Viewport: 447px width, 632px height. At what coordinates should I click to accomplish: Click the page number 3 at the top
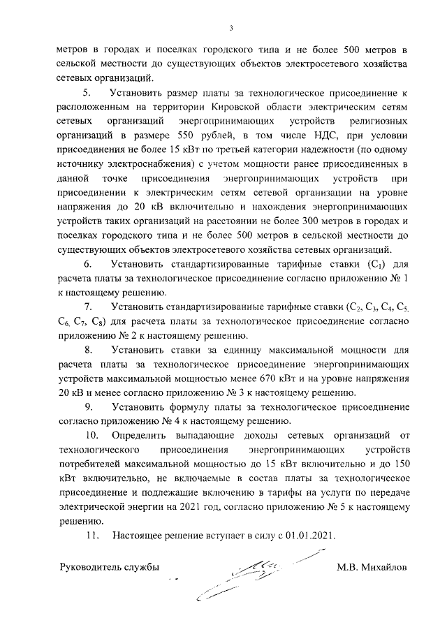[x=232, y=28]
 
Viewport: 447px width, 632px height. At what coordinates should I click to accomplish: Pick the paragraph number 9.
[x=87, y=406]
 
